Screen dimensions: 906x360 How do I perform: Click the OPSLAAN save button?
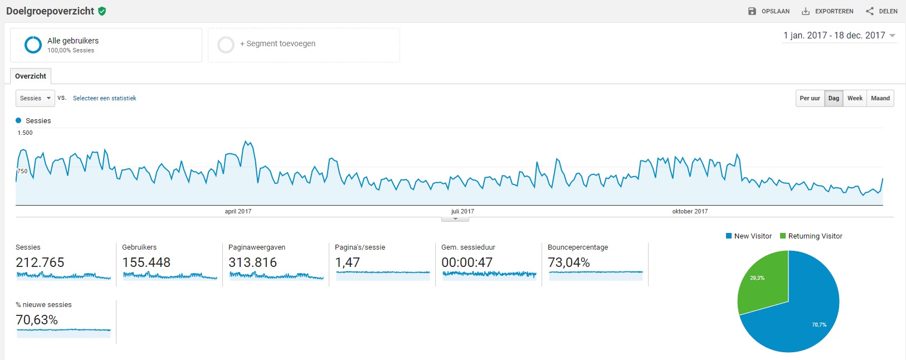pyautogui.click(x=769, y=11)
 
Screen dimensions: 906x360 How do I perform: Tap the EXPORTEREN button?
pyautogui.click(x=827, y=11)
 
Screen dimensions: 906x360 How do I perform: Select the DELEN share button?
pyautogui.click(x=881, y=11)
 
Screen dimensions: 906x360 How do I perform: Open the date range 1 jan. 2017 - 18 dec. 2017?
pyautogui.click(x=839, y=36)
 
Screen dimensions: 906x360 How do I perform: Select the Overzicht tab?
pyautogui.click(x=31, y=76)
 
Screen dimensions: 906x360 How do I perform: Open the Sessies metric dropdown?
pyautogui.click(x=35, y=98)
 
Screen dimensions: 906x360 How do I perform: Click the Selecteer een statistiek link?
pyautogui.click(x=104, y=98)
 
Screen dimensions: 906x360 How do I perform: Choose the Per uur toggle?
pyautogui.click(x=810, y=98)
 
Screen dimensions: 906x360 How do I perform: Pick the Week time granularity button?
pyautogui.click(x=855, y=98)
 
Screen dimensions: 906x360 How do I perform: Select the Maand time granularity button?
pyautogui.click(x=880, y=98)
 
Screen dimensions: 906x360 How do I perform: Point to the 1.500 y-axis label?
pyautogui.click(x=25, y=133)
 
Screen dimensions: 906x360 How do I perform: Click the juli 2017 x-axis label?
pyautogui.click(x=462, y=211)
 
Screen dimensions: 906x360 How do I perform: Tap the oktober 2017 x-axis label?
pyautogui.click(x=690, y=211)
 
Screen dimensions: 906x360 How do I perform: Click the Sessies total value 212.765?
pyautogui.click(x=40, y=262)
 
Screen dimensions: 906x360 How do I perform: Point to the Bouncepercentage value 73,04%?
pyautogui.click(x=569, y=262)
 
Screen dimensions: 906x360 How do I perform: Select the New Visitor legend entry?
pyautogui.click(x=749, y=236)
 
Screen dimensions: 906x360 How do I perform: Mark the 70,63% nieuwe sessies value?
pyautogui.click(x=37, y=320)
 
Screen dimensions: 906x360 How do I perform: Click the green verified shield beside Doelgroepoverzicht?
pyautogui.click(x=102, y=11)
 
